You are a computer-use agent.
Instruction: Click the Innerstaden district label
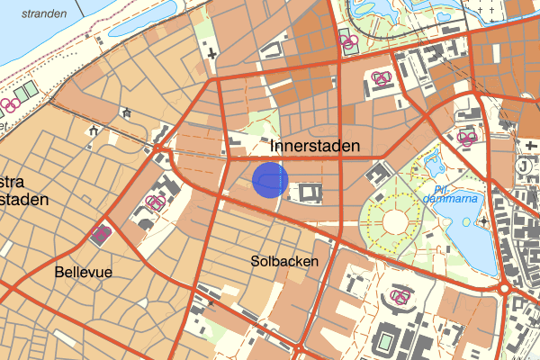315,146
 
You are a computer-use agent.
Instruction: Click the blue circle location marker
269,180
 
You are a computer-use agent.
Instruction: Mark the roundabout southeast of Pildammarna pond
505,290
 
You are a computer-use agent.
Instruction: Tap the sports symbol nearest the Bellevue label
101,235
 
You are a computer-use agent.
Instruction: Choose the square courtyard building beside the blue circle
311,192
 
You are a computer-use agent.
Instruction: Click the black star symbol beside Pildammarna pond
483,220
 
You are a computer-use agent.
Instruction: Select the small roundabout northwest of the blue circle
158,148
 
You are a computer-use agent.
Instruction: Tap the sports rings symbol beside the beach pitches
11,105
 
